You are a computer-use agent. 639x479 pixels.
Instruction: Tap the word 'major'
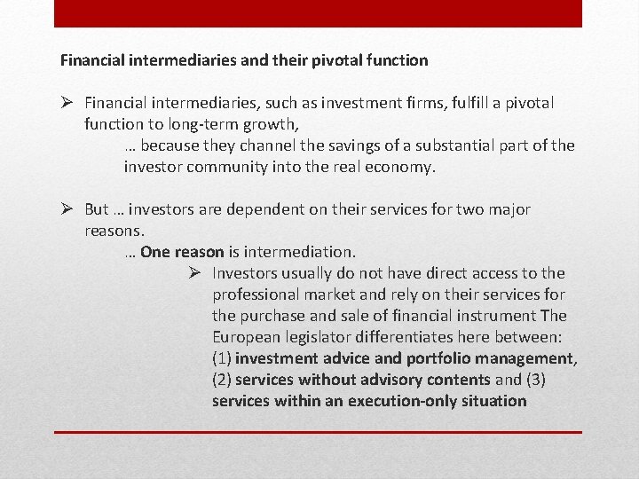click(508, 209)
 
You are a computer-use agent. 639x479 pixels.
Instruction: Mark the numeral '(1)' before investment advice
click(222, 358)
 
